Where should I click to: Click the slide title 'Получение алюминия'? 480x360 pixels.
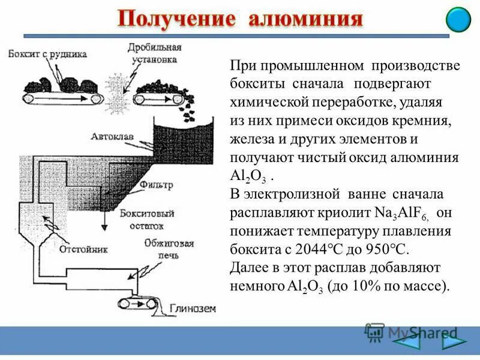coord(239,19)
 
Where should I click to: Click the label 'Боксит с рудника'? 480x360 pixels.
coord(48,53)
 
